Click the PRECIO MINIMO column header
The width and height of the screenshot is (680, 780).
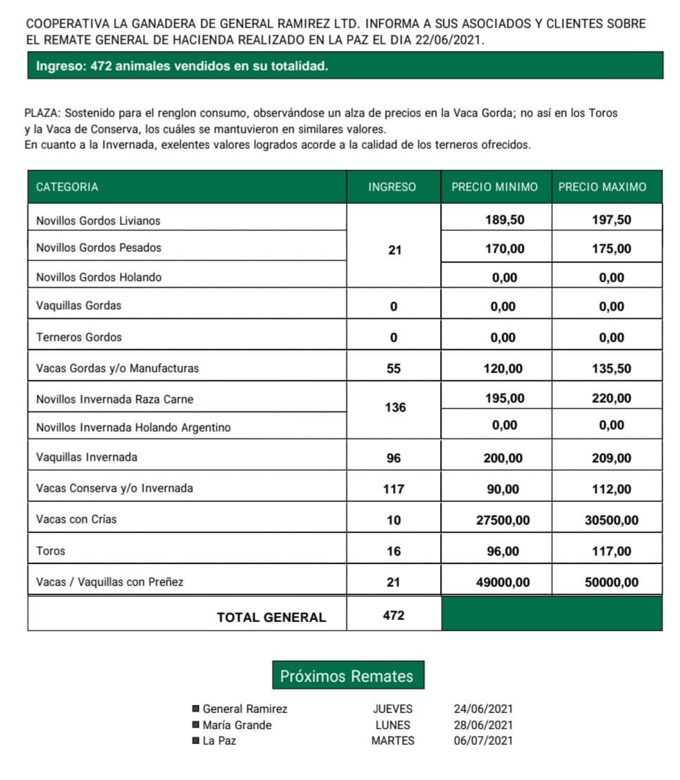494,187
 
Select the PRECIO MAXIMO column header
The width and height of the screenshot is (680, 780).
602,187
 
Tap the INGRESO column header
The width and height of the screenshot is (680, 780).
392,187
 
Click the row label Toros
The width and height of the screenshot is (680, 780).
51,551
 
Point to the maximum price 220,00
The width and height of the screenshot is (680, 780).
612,398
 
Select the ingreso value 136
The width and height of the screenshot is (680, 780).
395,408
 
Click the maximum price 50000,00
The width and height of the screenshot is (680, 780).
612,583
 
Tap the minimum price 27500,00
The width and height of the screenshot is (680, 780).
503,520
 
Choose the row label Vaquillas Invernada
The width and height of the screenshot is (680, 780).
87,457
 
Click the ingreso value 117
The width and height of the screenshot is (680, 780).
394,489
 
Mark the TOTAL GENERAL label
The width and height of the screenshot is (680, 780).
271,617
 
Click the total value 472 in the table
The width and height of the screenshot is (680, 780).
394,616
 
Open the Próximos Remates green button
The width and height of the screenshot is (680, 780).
347,676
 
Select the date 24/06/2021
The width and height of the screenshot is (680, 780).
483,709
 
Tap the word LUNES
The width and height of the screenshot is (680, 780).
393,724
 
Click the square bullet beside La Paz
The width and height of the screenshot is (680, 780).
195,741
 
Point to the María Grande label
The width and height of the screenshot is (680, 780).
237,725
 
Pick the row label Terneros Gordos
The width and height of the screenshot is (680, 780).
79,337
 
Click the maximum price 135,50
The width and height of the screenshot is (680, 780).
612,369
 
